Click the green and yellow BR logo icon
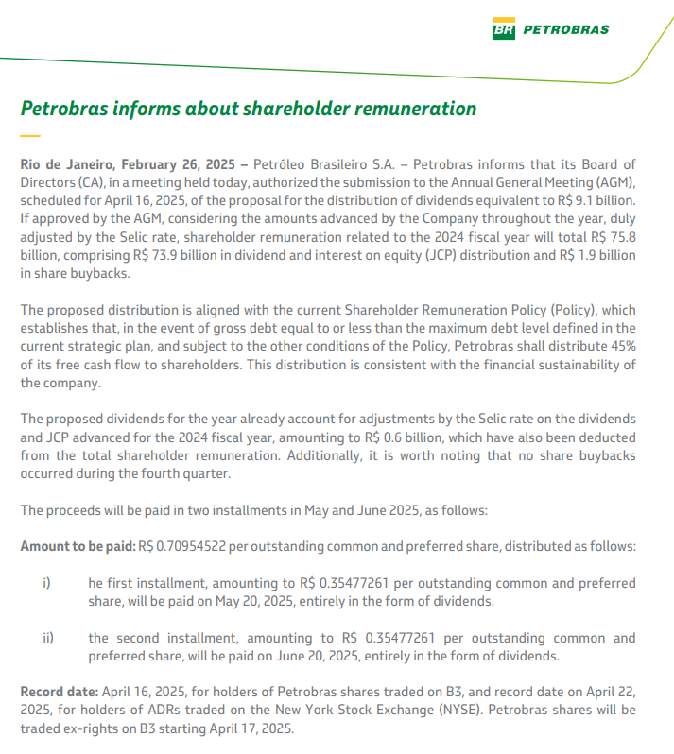pyautogui.click(x=503, y=29)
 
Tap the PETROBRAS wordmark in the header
pyautogui.click(x=565, y=29)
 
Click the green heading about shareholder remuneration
pyautogui.click(x=249, y=109)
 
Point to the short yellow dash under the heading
pyautogui.click(x=29, y=137)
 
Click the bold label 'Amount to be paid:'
pyautogui.click(x=78, y=546)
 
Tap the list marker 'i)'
pyautogui.click(x=48, y=582)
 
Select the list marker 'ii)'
pyautogui.click(x=49, y=638)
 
